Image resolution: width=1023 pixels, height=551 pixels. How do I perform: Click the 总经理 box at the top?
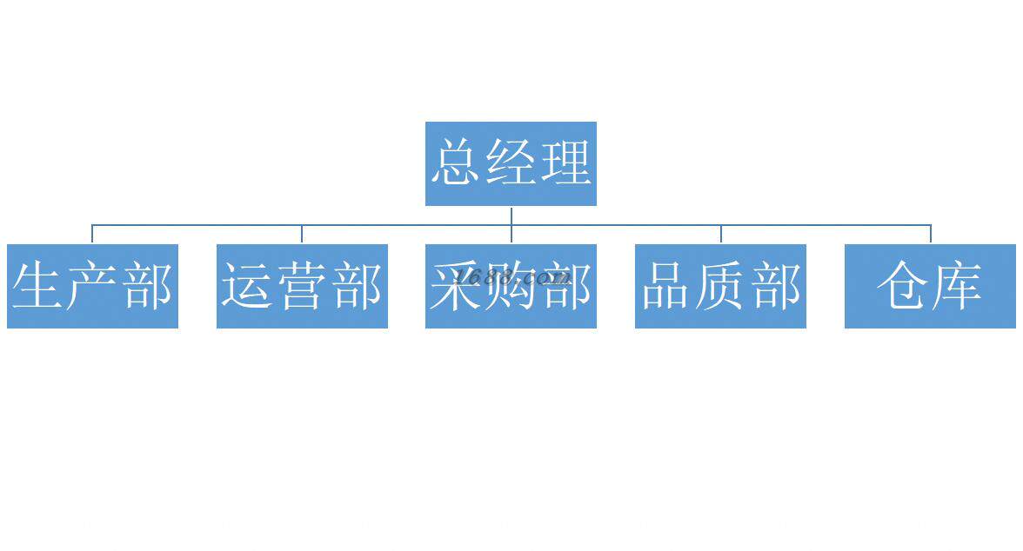pyautogui.click(x=511, y=163)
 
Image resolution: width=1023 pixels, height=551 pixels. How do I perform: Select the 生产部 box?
pyautogui.click(x=92, y=286)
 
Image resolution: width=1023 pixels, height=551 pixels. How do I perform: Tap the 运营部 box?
pyautogui.click(x=302, y=286)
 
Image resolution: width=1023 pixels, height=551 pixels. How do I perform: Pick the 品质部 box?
pyautogui.click(x=720, y=286)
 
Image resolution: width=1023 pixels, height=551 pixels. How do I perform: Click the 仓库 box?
pyautogui.click(x=930, y=286)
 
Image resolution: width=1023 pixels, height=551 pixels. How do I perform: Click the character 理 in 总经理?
pyautogui.click(x=566, y=163)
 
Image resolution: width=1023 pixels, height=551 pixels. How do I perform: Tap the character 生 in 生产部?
pyautogui.click(x=37, y=286)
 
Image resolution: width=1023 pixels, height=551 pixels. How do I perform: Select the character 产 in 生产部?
pyautogui.click(x=92, y=286)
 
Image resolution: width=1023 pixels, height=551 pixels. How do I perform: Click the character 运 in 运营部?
pyautogui.click(x=247, y=286)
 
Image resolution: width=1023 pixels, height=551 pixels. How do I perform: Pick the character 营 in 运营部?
pyautogui.click(x=302, y=286)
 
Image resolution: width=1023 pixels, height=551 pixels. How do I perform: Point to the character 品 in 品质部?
pyautogui.click(x=665, y=286)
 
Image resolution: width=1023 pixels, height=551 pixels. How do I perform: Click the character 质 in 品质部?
pyautogui.click(x=720, y=286)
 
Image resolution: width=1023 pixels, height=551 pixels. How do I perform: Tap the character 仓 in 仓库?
pyautogui.click(x=903, y=286)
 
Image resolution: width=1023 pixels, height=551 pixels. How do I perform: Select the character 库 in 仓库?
pyautogui.click(x=957, y=286)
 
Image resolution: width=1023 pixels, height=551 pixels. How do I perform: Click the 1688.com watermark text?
pyautogui.click(x=512, y=277)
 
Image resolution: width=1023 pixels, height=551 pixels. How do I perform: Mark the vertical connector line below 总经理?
pyautogui.click(x=512, y=216)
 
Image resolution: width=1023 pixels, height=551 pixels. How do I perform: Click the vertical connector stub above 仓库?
pyautogui.click(x=931, y=234)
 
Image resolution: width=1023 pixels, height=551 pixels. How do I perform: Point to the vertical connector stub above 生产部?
pyautogui.click(x=92, y=234)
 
